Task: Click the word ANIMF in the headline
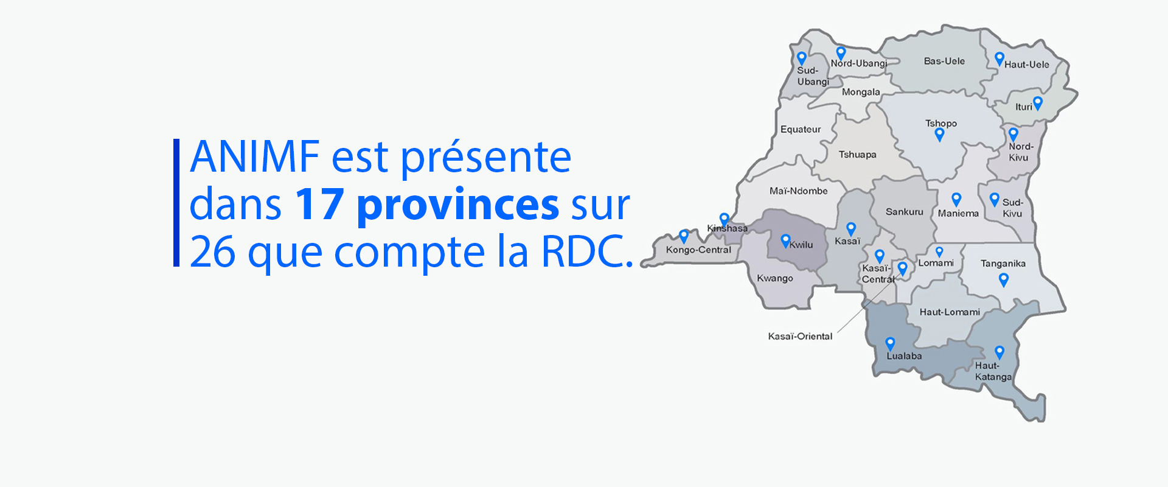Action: tap(255, 156)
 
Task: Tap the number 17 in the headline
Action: tap(320, 205)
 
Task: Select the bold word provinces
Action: tap(458, 206)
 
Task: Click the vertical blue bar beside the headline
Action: tap(176, 203)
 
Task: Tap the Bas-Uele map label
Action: tap(944, 61)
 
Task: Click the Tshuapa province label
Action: tap(857, 155)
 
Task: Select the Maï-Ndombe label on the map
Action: tap(798, 191)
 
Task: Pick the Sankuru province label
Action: tap(904, 212)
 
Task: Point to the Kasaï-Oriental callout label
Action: tap(800, 336)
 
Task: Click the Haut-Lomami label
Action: tap(950, 312)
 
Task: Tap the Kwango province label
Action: tap(775, 278)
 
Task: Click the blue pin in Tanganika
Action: tap(1004, 279)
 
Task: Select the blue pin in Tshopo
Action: tap(940, 135)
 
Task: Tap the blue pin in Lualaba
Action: tap(890, 344)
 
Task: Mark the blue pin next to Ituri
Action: tap(1038, 103)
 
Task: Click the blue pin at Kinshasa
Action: tap(724, 219)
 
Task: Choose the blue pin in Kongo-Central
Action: tap(684, 236)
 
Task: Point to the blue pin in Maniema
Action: tap(956, 199)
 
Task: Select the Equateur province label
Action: tap(801, 129)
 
